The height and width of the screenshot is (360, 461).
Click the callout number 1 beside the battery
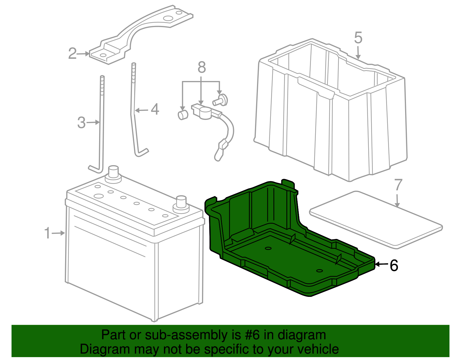[47, 233]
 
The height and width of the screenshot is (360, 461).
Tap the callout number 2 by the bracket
[72, 54]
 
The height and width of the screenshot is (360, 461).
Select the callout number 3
[81, 122]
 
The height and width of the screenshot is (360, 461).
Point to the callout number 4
[155, 110]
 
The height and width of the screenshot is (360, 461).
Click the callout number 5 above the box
[358, 38]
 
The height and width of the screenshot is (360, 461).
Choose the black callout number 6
[394, 265]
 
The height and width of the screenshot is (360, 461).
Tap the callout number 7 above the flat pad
[398, 185]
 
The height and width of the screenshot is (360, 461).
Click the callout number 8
[202, 67]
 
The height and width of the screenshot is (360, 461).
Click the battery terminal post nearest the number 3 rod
[113, 173]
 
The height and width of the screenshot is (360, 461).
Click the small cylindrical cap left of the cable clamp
[183, 115]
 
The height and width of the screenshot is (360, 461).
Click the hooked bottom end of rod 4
[142, 153]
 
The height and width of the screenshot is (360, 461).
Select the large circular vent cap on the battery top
[99, 196]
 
